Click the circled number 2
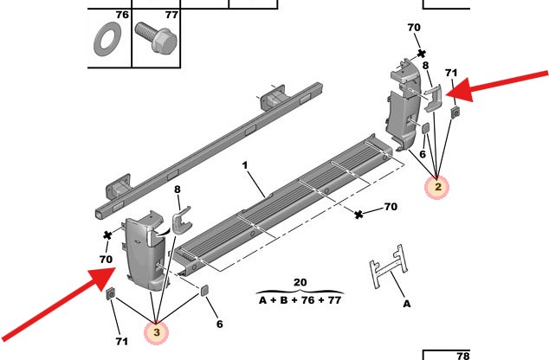click(438, 186)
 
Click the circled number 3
click(157, 331)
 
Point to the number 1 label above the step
click(245, 164)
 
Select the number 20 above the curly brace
click(300, 283)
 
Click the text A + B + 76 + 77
click(300, 300)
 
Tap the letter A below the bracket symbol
click(406, 305)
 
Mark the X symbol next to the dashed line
click(359, 214)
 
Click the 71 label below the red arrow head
click(451, 73)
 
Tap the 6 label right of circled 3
click(219, 324)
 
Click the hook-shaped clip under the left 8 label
click(180, 222)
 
